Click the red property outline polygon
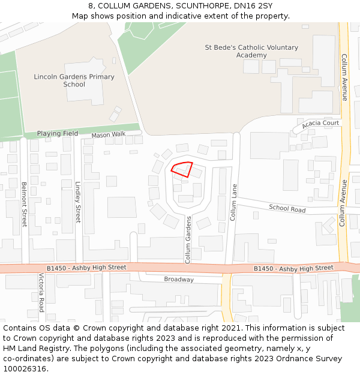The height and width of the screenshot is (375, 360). tap(182, 169)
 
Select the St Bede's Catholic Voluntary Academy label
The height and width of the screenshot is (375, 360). tap(251, 51)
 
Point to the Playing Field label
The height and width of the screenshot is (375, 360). tap(58, 133)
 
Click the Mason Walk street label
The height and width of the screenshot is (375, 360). tap(109, 135)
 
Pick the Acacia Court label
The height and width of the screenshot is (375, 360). tap(320, 124)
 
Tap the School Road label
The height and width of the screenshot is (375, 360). tap(287, 209)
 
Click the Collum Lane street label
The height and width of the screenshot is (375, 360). tap(234, 202)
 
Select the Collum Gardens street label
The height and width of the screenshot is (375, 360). tap(188, 239)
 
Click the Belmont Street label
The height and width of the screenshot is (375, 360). tap(25, 204)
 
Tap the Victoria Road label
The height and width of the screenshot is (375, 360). tap(41, 293)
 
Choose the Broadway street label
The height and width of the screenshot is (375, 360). tap(179, 280)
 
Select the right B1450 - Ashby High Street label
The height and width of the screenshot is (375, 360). tap(293, 268)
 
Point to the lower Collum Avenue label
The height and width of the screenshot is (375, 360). tap(343, 203)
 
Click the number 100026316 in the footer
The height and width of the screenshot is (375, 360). tap(24, 369)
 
